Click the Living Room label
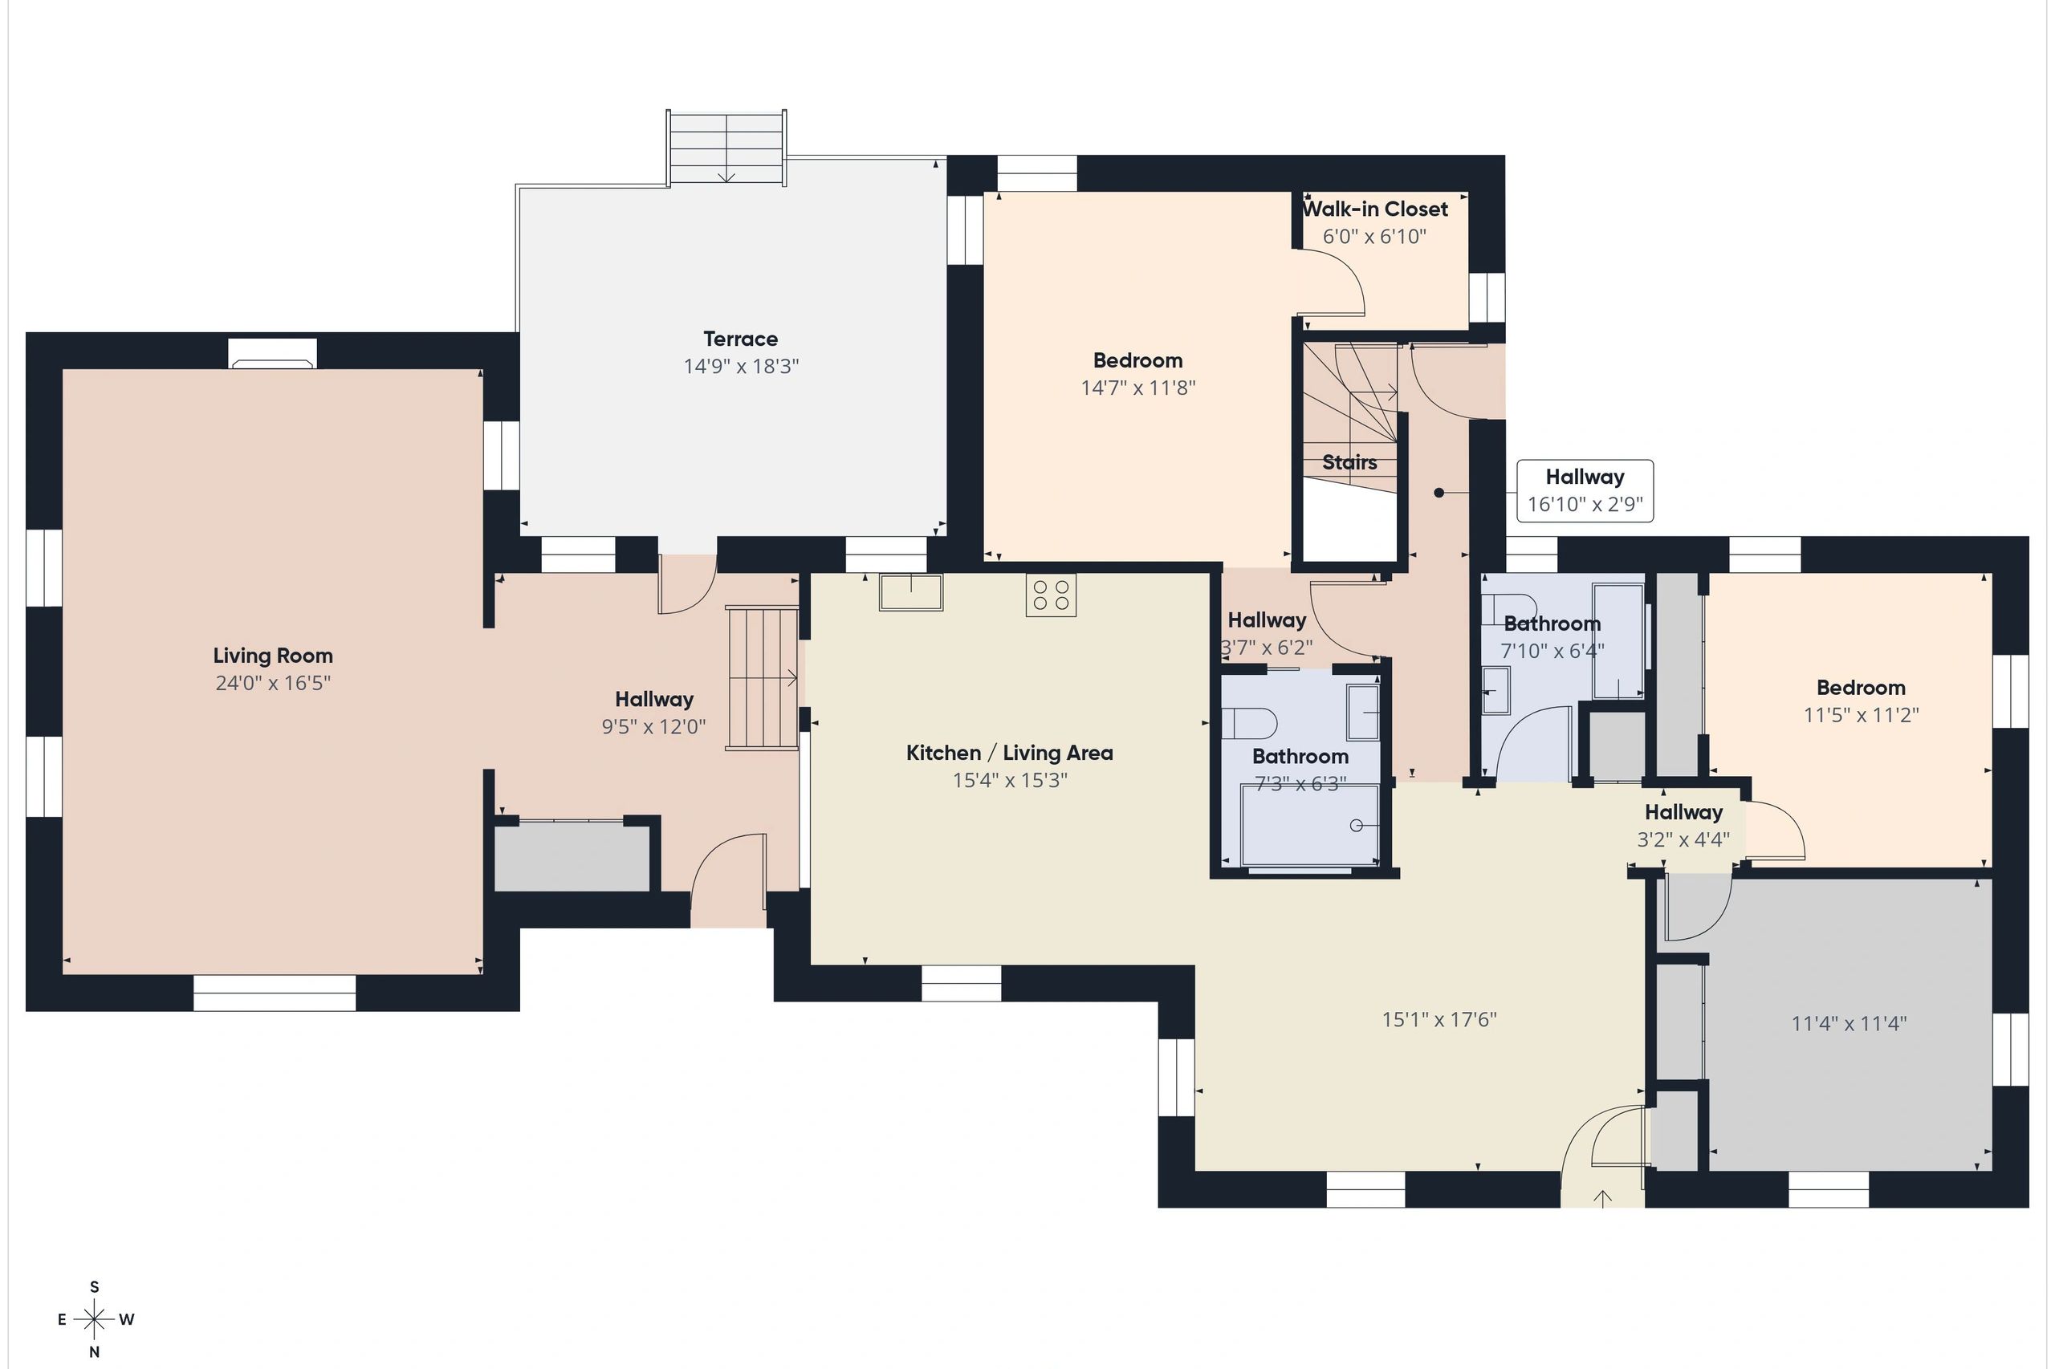pyautogui.click(x=272, y=656)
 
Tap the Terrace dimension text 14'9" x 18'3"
pyautogui.click(x=741, y=366)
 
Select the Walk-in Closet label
pyautogui.click(x=1374, y=209)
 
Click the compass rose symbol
pyautogui.click(x=95, y=1319)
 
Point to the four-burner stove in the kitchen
pyautogui.click(x=1052, y=595)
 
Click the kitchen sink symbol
pyautogui.click(x=911, y=592)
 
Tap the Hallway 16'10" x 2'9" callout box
pyautogui.click(x=1585, y=490)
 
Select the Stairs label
pyautogui.click(x=1349, y=463)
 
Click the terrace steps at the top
pyautogui.click(x=726, y=148)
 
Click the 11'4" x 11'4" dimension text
pyautogui.click(x=1849, y=1023)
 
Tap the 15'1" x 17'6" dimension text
pyautogui.click(x=1439, y=1019)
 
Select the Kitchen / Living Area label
pyautogui.click(x=1010, y=753)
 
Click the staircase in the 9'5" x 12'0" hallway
pyautogui.click(x=763, y=678)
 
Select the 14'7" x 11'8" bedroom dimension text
pyautogui.click(x=1138, y=388)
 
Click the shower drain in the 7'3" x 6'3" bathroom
pyautogui.click(x=1357, y=825)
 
